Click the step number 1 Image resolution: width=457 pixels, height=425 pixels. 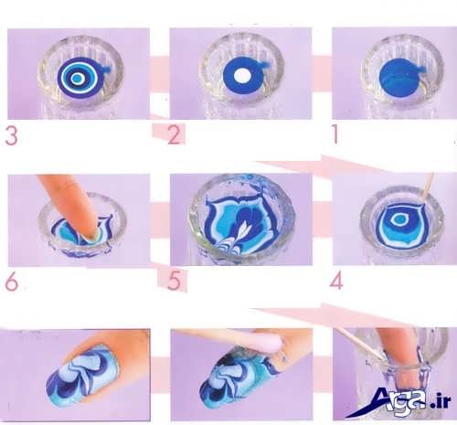(x=335, y=134)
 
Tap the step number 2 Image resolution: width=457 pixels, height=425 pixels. (x=175, y=135)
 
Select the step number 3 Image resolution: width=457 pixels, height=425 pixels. (x=11, y=135)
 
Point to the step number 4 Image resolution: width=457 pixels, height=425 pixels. (x=336, y=281)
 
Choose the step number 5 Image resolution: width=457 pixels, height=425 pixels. (x=175, y=282)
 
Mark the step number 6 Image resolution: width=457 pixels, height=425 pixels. (x=12, y=282)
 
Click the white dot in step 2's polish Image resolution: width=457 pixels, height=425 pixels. (x=242, y=75)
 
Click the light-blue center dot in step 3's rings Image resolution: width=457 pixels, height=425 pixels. (x=77, y=79)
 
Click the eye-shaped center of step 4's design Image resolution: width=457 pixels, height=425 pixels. (x=398, y=218)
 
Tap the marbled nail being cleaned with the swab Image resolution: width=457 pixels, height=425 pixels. (x=240, y=377)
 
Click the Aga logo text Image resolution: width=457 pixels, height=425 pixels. (x=396, y=401)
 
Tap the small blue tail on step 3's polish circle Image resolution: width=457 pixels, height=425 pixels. (x=108, y=69)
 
